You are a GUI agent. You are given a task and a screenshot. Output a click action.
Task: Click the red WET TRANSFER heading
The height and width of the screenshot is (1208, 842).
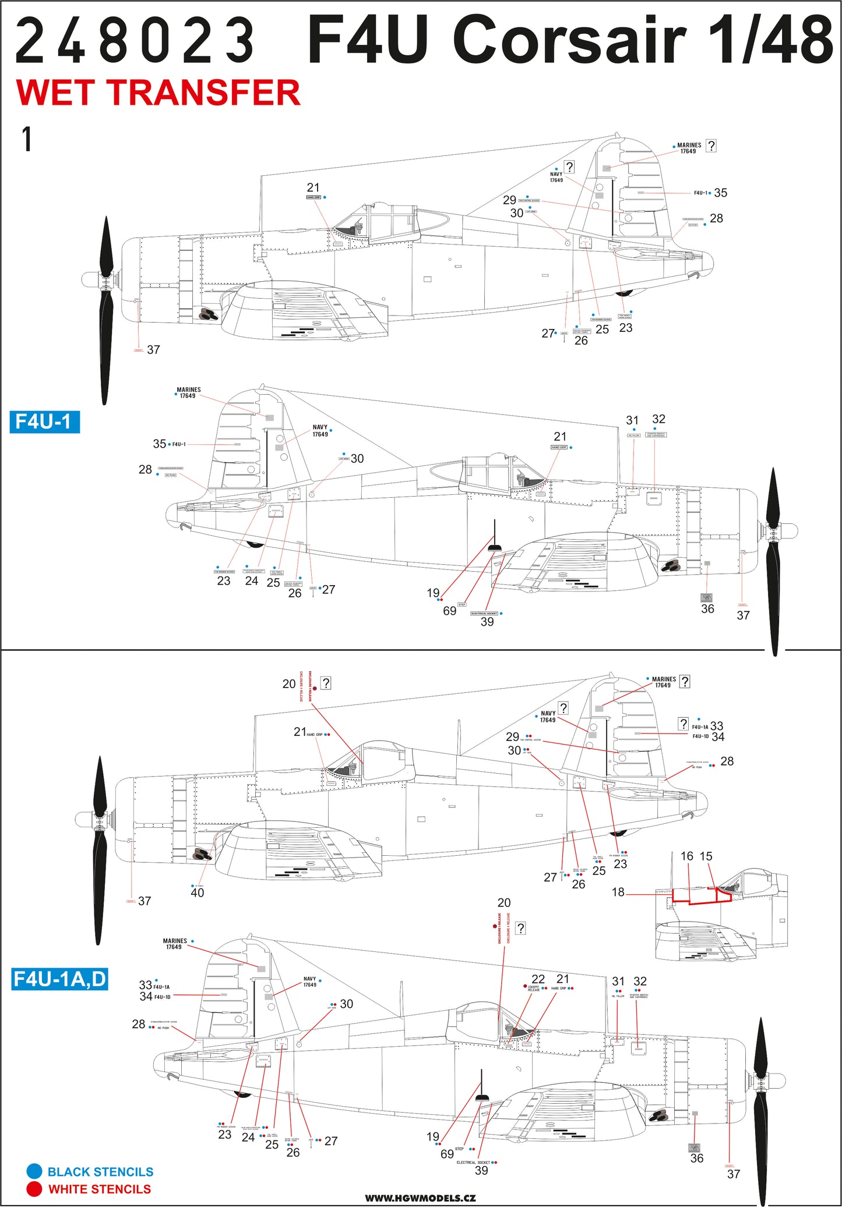pyautogui.click(x=158, y=93)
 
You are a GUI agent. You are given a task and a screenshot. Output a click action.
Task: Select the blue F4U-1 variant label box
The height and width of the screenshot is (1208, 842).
pyautogui.click(x=44, y=421)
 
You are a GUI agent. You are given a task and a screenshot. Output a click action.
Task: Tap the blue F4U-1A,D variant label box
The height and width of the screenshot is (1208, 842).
pyautogui.click(x=59, y=979)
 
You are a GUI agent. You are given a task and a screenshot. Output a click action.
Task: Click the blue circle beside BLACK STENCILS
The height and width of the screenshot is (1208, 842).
pyautogui.click(x=34, y=1171)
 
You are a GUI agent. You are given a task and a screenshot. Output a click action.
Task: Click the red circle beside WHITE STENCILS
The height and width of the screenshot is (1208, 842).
pyautogui.click(x=34, y=1189)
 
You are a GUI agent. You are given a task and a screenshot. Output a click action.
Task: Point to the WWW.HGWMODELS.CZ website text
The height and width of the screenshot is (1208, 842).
pyautogui.click(x=420, y=1198)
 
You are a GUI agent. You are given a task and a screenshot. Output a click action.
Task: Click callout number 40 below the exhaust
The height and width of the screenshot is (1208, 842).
pyautogui.click(x=197, y=892)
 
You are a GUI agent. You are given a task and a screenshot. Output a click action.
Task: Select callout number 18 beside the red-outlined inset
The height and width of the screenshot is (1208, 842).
pyautogui.click(x=618, y=892)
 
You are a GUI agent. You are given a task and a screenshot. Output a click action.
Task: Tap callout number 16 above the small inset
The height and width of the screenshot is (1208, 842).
pyautogui.click(x=687, y=856)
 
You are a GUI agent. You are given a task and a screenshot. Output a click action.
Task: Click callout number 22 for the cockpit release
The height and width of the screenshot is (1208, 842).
pyautogui.click(x=538, y=979)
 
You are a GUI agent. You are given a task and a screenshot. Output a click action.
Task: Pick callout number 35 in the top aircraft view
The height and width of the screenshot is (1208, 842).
pyautogui.click(x=720, y=193)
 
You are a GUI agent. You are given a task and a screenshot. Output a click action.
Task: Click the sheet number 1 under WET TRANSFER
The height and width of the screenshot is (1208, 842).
pyautogui.click(x=26, y=140)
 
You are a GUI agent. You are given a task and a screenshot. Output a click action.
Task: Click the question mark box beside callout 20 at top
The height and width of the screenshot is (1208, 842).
pyautogui.click(x=326, y=683)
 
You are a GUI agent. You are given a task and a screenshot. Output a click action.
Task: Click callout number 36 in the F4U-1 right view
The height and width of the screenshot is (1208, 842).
pyautogui.click(x=707, y=608)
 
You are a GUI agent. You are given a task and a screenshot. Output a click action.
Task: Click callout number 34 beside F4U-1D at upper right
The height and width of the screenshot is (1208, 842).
pyautogui.click(x=718, y=737)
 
